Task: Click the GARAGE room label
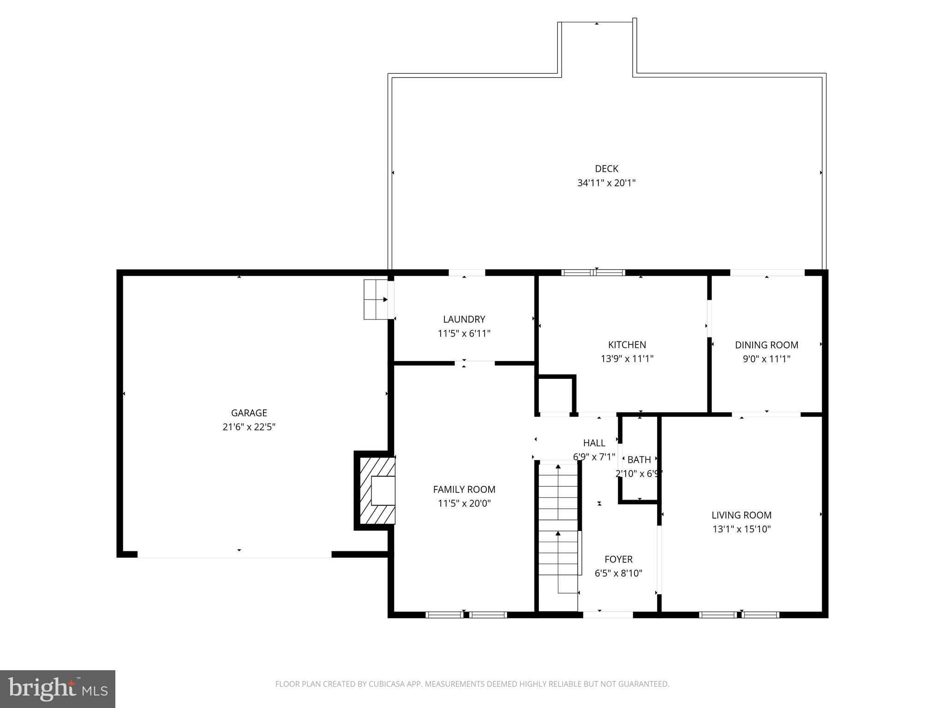[x=249, y=413]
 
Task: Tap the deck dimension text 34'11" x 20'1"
[x=606, y=183]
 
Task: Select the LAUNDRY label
[x=464, y=319]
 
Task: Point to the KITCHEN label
[x=627, y=345]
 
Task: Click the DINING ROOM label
[x=766, y=345]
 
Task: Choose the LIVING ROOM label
[x=741, y=515]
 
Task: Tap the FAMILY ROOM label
[x=464, y=490]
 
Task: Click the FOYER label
[x=618, y=560]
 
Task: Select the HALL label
[x=594, y=443]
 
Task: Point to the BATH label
[x=639, y=460]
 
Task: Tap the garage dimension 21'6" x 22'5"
[x=249, y=427]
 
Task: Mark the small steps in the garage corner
[x=376, y=300]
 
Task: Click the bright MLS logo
[x=58, y=689]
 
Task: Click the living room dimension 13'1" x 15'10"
[x=741, y=529]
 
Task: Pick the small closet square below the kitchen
[x=556, y=395]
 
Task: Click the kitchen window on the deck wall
[x=593, y=272]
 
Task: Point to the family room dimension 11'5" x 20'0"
[x=464, y=503]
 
